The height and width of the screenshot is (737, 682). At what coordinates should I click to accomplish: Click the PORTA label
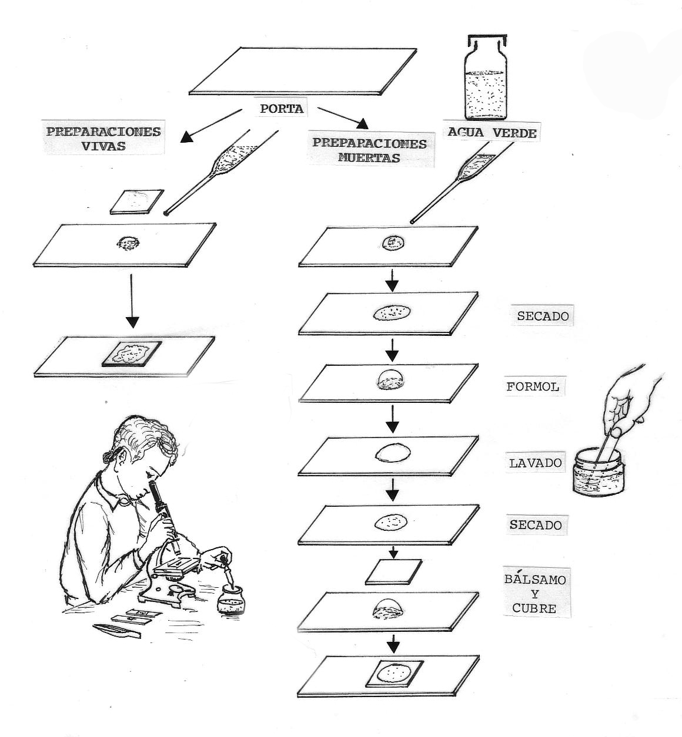point(282,109)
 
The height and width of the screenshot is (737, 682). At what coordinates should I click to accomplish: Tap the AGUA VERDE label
point(492,133)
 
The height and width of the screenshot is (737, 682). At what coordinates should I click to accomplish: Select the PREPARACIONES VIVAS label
point(103,138)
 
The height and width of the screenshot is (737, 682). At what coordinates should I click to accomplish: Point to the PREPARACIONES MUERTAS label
point(369,150)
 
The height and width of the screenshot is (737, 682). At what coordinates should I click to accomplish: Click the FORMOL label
point(533,388)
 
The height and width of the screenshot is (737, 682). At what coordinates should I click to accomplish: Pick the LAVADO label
point(536,463)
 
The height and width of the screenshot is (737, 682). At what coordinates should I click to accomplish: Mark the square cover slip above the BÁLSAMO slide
point(393,571)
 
